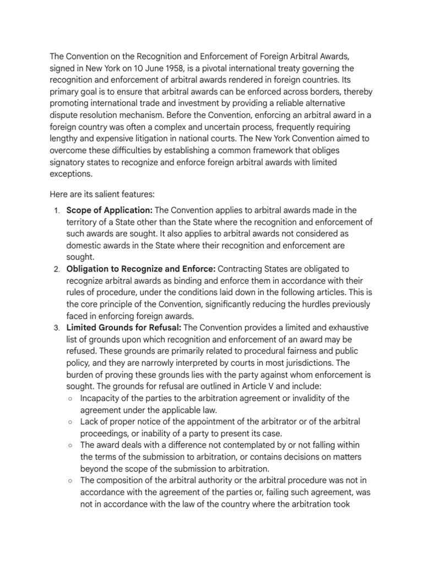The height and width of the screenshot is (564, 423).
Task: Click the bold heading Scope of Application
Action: tap(110, 210)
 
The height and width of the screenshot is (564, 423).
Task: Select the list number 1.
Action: tap(57, 210)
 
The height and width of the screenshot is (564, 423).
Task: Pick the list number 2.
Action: tap(57, 269)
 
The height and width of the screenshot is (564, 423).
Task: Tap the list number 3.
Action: tap(57, 328)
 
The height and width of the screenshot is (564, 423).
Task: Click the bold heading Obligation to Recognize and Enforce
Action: tap(141, 268)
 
